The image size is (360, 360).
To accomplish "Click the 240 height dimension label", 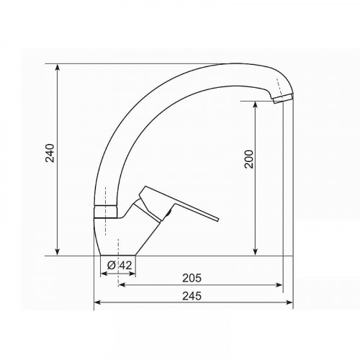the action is [50, 153].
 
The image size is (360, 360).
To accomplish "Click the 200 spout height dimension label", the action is [249, 159].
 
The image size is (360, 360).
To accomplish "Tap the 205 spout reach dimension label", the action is [192, 278].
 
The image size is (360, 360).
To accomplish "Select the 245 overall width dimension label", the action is [192, 296].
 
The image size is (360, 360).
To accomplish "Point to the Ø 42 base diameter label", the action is [120, 265].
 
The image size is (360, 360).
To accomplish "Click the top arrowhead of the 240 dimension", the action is [57, 67].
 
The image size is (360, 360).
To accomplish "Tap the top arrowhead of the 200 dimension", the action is [256, 104].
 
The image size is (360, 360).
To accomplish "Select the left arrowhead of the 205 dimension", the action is [122, 285].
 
